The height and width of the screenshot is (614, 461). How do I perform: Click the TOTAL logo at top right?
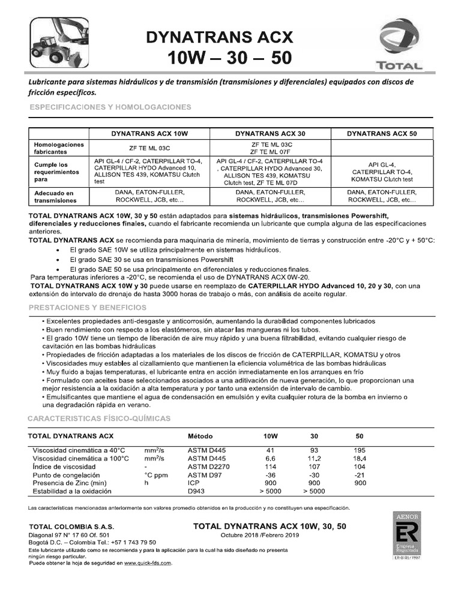[397, 45]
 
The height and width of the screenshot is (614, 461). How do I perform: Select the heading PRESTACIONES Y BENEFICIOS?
[88, 308]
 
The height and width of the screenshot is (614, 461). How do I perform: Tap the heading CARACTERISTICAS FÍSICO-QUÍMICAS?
[100, 417]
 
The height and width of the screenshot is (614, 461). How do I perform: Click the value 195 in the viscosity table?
[360, 450]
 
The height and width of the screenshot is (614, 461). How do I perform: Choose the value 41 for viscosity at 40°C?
[270, 450]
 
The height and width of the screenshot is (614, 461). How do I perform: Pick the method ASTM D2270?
[208, 466]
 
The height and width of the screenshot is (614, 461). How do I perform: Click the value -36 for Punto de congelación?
[270, 475]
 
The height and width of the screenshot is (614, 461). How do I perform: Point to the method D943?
[196, 492]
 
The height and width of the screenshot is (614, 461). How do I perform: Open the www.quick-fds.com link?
[148, 564]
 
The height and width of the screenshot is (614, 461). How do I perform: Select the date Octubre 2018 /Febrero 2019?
[268, 535]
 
